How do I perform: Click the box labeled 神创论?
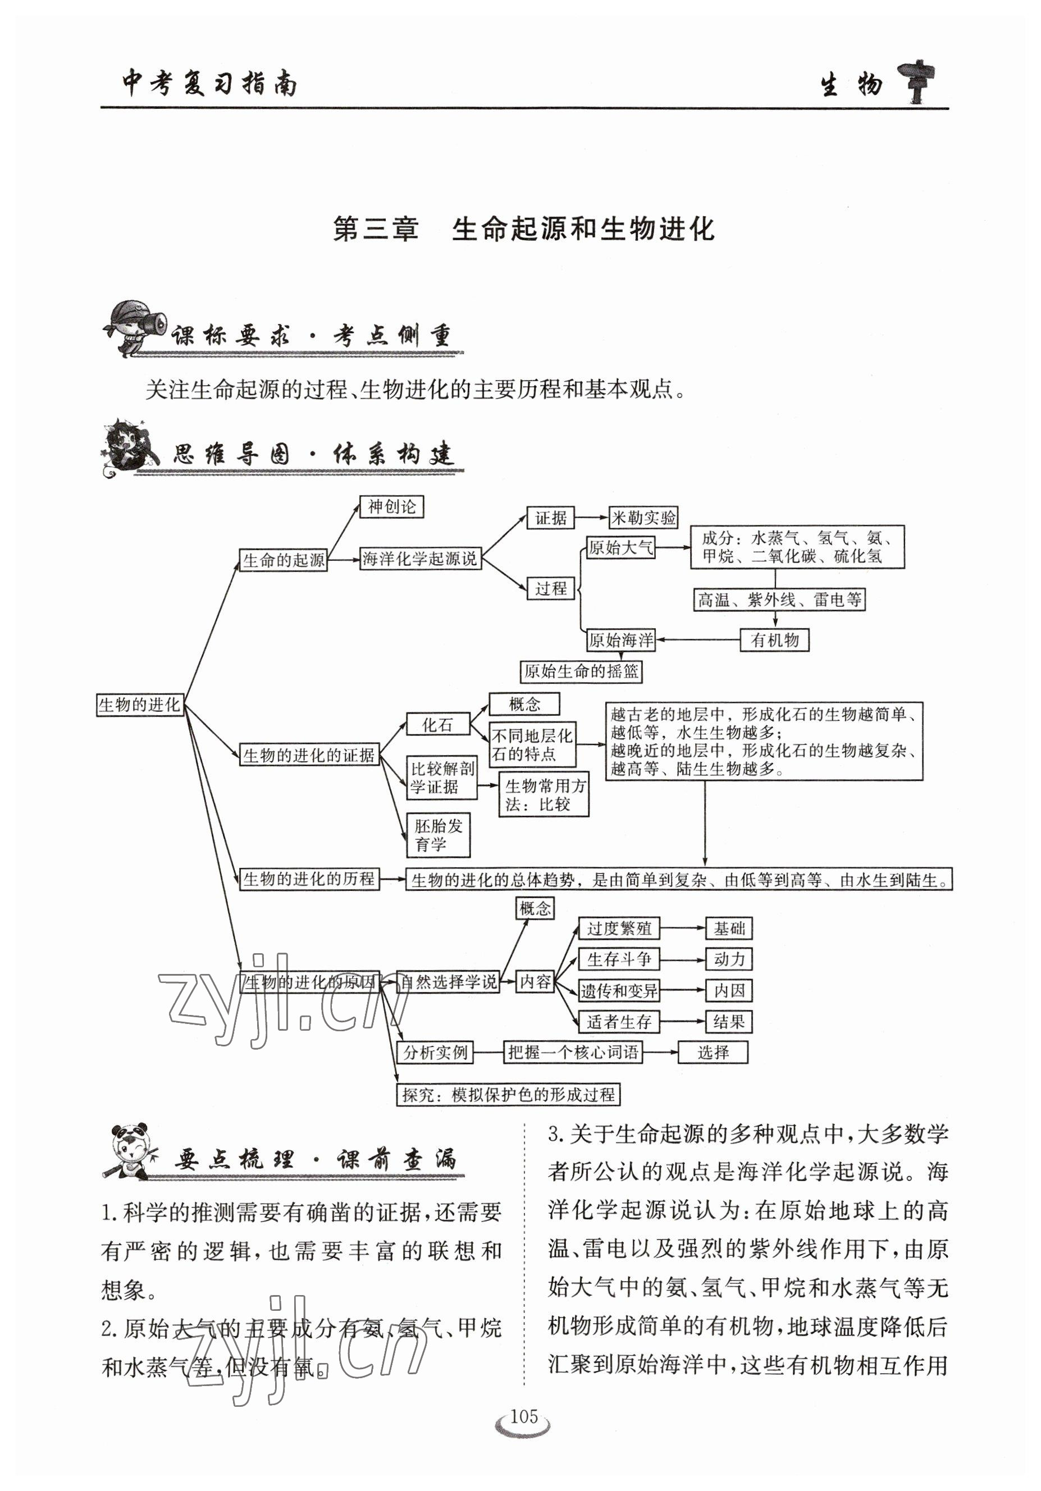[x=391, y=507]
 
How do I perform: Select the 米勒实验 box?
[x=643, y=518]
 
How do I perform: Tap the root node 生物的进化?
[x=140, y=705]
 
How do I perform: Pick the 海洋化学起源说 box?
[x=420, y=559]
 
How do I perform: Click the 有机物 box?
[x=774, y=641]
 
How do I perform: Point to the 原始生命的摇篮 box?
[x=581, y=671]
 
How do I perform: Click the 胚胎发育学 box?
[x=439, y=835]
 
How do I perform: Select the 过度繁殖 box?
[x=618, y=929]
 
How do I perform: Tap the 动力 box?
[x=729, y=959]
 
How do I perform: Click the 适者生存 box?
[x=618, y=1022]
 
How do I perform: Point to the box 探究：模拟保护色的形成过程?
[x=508, y=1095]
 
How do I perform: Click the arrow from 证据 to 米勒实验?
[x=591, y=518]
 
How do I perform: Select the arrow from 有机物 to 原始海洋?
[x=698, y=641]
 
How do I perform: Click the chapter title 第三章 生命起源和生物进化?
[x=523, y=229]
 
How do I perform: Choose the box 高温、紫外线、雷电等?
[x=779, y=600]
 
